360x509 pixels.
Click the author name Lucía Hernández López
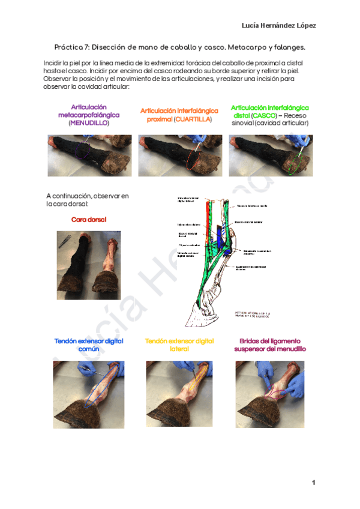pyautogui.click(x=278, y=25)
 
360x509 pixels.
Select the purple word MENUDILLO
pyautogui.click(x=89, y=122)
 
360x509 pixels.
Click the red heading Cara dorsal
pyautogui.click(x=88, y=220)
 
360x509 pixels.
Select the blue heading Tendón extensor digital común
pyautogui.click(x=89, y=345)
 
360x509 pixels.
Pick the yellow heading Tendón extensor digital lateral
pyautogui.click(x=179, y=345)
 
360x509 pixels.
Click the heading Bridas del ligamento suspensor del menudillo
pyautogui.click(x=269, y=345)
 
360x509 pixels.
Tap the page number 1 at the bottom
pyautogui.click(x=313, y=483)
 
